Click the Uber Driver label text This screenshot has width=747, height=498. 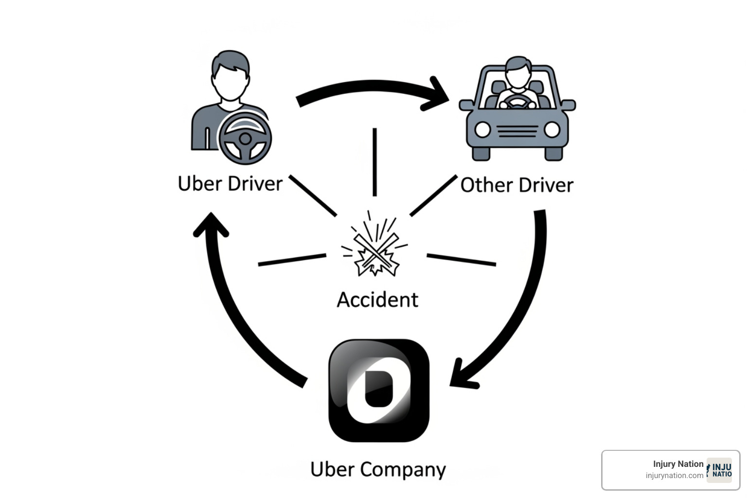click(230, 184)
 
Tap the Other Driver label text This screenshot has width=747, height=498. click(516, 185)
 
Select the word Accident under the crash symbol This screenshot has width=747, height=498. click(377, 300)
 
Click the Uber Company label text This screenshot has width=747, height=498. click(378, 469)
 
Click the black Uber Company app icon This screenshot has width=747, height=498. click(379, 390)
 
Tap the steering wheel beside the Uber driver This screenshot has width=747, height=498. click(245, 139)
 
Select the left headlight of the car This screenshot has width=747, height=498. click(482, 130)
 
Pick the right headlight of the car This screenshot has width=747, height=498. click(552, 130)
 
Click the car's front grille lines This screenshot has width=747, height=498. click(517, 131)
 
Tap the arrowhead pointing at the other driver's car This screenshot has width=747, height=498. click(438, 95)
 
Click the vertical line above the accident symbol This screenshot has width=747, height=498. click(374, 162)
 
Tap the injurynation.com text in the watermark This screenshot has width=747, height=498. click(674, 476)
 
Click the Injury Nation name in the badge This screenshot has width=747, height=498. click(678, 464)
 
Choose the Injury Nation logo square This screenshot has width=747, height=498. click(720, 470)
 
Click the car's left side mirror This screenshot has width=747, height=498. click(466, 105)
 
